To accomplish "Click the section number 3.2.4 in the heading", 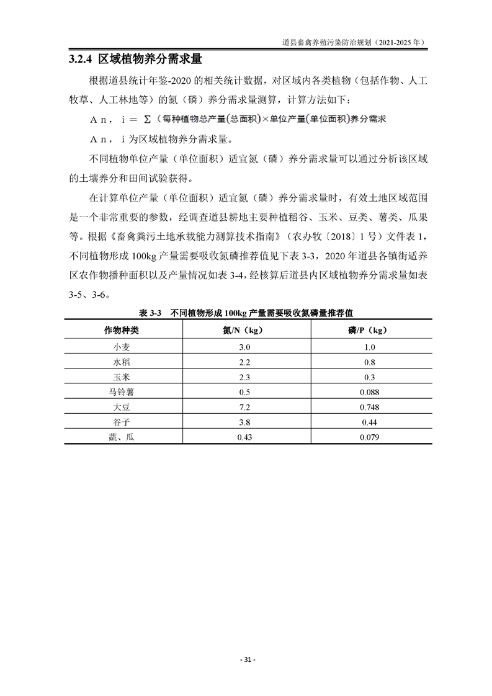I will click(79, 60).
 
